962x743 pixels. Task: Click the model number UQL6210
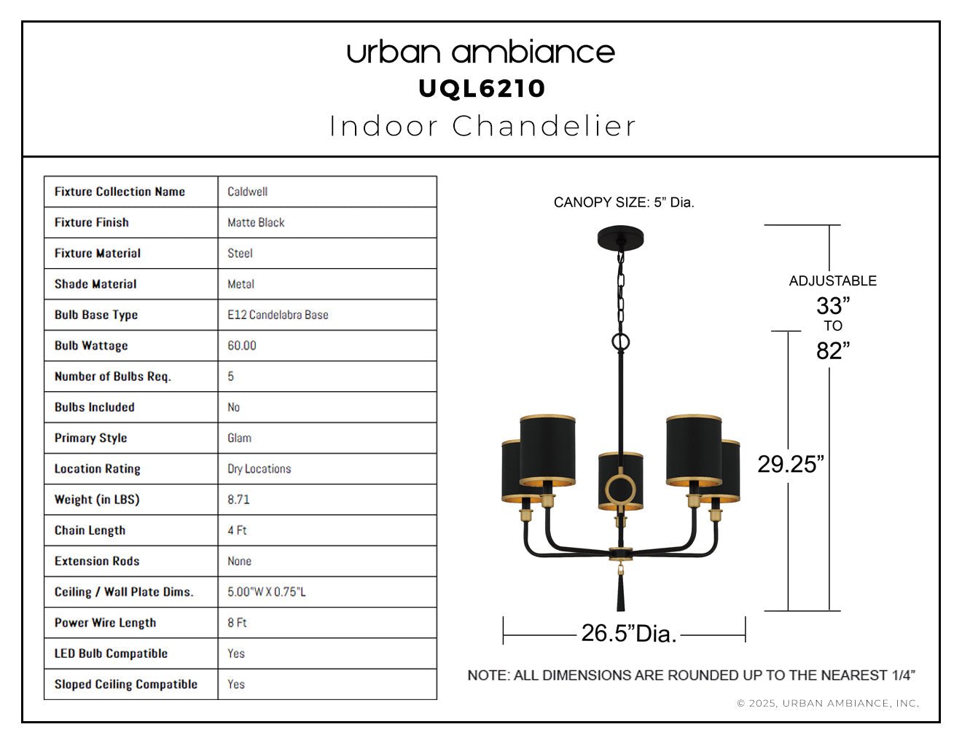click(481, 89)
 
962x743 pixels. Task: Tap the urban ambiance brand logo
click(481, 52)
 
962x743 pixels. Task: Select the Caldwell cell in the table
click(248, 192)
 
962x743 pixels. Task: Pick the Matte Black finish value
click(256, 223)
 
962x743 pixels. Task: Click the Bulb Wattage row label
click(91, 345)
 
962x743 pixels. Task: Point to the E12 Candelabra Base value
click(278, 315)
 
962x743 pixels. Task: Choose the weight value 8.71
click(238, 500)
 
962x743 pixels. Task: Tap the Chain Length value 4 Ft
click(238, 530)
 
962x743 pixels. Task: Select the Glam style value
click(240, 438)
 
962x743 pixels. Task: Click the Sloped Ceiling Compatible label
click(126, 684)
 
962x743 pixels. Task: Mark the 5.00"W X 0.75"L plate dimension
click(267, 591)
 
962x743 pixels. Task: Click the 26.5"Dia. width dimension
click(629, 633)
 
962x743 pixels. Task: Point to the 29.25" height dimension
click(791, 464)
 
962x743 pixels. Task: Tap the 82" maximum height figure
click(833, 350)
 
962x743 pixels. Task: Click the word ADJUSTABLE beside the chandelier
click(833, 281)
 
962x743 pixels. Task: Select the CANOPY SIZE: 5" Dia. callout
click(624, 203)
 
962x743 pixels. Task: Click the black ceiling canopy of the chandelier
click(621, 238)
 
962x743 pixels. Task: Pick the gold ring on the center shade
click(621, 474)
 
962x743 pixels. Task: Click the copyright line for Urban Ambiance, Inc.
click(828, 704)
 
